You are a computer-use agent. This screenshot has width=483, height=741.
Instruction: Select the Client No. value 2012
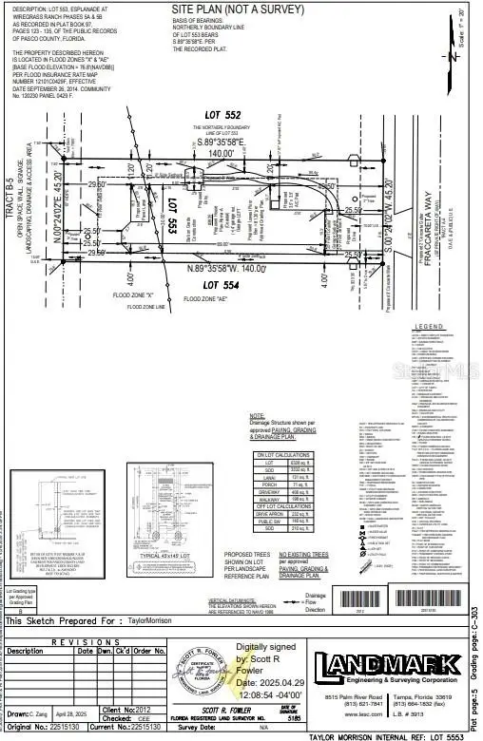[141, 710]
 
